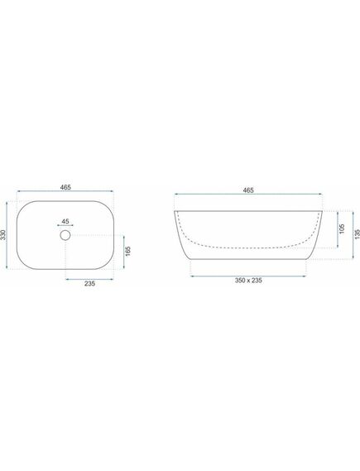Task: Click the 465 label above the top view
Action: (x=65, y=187)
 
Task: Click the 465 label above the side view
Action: (x=248, y=190)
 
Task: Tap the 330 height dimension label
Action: (x=3, y=235)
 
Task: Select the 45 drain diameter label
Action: (x=65, y=221)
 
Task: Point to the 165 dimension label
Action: (x=128, y=252)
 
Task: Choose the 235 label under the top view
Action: (x=89, y=283)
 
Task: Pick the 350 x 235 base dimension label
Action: (x=248, y=281)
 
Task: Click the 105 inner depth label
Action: (x=342, y=229)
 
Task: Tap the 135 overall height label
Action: (x=357, y=234)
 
